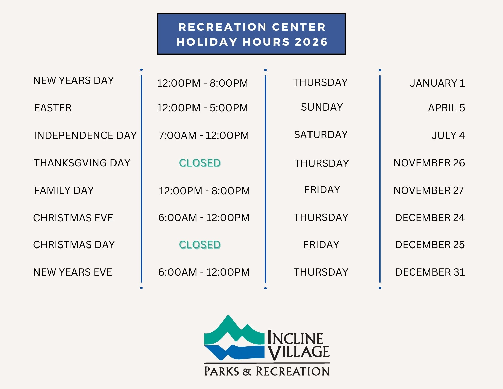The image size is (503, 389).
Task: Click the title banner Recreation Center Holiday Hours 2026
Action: point(251,34)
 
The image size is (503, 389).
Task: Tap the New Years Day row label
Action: point(74,81)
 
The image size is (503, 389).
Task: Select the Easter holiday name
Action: point(53,108)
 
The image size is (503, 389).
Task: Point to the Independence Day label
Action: point(85,135)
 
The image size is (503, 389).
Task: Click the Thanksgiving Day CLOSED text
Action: point(200,163)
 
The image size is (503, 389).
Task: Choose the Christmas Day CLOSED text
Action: point(200,245)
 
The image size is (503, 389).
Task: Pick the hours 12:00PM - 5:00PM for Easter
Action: point(202,108)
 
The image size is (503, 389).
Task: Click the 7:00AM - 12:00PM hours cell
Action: point(204,135)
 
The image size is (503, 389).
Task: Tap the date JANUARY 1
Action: point(438,83)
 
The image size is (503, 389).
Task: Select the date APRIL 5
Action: point(446,108)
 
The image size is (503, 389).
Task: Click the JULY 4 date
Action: point(448,135)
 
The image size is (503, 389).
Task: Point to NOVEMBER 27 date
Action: point(429,190)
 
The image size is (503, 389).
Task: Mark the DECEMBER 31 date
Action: point(430,272)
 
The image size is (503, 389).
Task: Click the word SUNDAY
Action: point(322,107)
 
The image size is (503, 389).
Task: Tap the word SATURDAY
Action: point(321,135)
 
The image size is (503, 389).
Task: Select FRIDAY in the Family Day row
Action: point(322,190)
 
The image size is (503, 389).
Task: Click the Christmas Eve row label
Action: point(73,218)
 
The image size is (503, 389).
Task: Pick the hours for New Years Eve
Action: point(204,272)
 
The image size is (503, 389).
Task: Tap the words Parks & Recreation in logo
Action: point(267,371)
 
